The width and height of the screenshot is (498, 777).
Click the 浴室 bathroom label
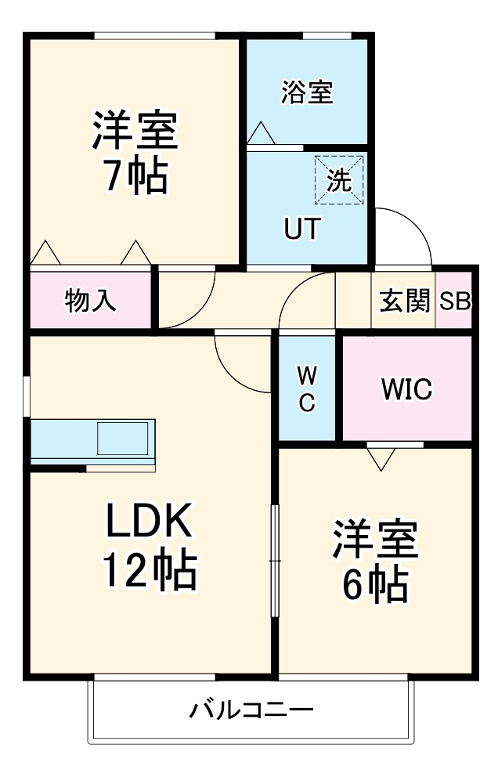pos(307,92)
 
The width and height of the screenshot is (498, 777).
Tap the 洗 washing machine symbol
pos(339,181)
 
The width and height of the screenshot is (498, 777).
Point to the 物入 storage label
pos(90,301)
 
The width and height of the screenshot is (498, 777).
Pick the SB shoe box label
pos(454,301)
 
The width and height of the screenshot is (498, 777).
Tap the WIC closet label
pos(406,388)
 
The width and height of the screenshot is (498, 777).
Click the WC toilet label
pos(307,388)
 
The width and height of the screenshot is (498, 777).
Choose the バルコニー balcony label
pos(251,711)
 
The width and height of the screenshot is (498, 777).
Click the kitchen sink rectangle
pos(122,439)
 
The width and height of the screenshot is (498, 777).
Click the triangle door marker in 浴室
pos(261,134)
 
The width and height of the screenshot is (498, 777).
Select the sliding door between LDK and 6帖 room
pos(274,560)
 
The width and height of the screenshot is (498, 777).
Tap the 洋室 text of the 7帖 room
pos(135,130)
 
